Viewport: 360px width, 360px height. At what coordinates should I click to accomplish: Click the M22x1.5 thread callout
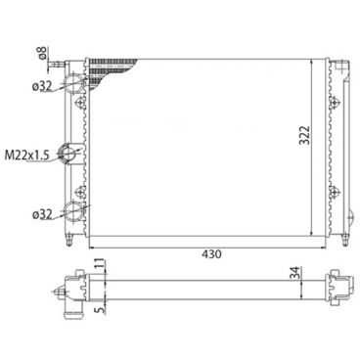[29, 155]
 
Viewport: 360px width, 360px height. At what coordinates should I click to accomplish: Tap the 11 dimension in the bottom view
[99, 265]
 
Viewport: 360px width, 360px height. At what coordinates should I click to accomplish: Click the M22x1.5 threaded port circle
[71, 154]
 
